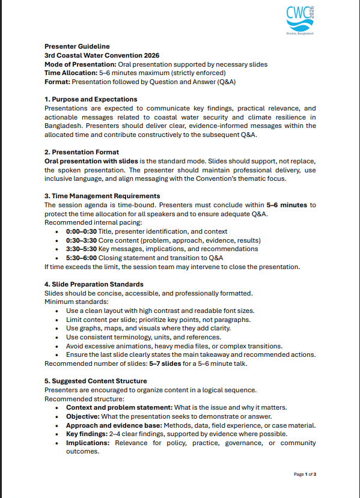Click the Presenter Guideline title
point(77,46)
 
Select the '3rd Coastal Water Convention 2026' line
point(93,55)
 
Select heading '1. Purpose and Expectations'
point(91,99)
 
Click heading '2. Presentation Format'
point(82,152)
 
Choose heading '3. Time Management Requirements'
point(102,196)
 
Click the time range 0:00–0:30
point(81,231)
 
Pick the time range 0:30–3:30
point(81,240)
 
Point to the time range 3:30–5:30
point(81,249)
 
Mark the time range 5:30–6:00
point(81,258)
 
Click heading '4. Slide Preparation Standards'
point(94,284)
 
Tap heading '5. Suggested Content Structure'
point(96,381)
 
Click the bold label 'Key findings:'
point(88,434)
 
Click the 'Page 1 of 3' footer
point(305,475)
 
